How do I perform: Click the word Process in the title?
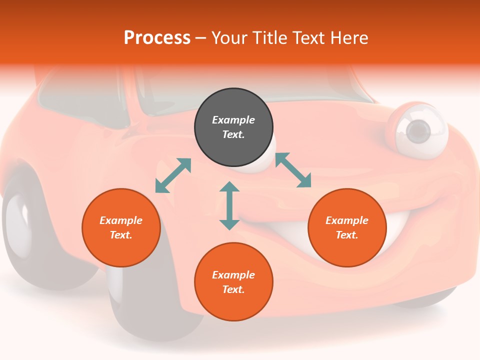click(x=157, y=38)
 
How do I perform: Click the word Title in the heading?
click(x=269, y=38)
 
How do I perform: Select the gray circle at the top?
click(x=233, y=127)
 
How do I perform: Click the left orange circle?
click(x=121, y=228)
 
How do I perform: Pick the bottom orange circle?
click(x=233, y=282)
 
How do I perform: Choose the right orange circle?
click(x=347, y=228)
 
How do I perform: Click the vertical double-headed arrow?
click(x=229, y=206)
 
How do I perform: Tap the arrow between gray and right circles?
click(x=293, y=170)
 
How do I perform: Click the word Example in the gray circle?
click(x=233, y=120)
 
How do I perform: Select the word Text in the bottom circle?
click(x=232, y=289)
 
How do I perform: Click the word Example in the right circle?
click(x=347, y=220)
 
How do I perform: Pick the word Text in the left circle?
click(x=120, y=235)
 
